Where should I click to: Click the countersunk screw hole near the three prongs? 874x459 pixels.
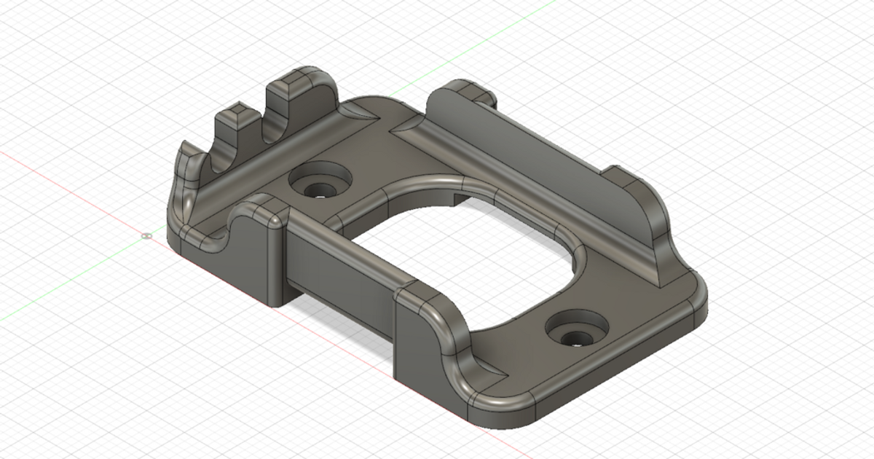[x=319, y=181]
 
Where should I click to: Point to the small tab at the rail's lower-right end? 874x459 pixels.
[x=626, y=178]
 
